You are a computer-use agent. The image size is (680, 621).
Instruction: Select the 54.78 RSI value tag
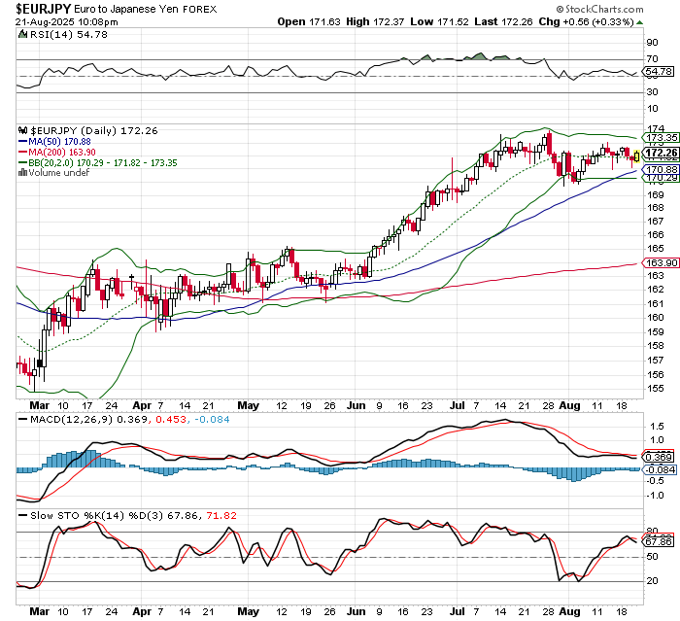659,72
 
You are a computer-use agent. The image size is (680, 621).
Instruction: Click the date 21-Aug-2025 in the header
43,20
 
